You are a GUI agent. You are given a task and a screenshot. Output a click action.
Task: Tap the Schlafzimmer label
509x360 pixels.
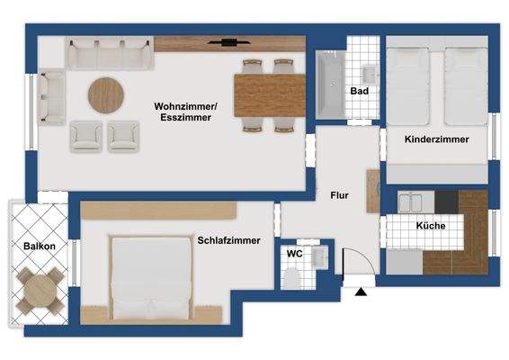coord(228,240)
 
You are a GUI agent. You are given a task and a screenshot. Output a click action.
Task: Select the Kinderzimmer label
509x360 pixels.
coord(436,140)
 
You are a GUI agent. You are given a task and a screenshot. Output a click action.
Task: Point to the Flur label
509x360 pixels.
coord(339,194)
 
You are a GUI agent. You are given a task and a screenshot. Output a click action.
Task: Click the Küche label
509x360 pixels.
coord(430,226)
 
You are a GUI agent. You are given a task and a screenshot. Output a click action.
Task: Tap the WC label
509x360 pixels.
coord(293,254)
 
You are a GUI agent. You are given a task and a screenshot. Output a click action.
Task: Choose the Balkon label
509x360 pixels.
coord(40,246)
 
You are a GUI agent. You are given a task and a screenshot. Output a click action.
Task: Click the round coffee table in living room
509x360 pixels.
coord(106,94)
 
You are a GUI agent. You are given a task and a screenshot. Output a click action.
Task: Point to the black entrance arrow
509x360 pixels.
coord(362,291)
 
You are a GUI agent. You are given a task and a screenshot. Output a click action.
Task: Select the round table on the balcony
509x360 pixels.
coord(40,290)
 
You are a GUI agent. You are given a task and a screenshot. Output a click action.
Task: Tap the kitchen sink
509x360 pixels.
coord(408,201)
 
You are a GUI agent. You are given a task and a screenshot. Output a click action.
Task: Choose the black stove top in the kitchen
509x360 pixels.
coord(447,201)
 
